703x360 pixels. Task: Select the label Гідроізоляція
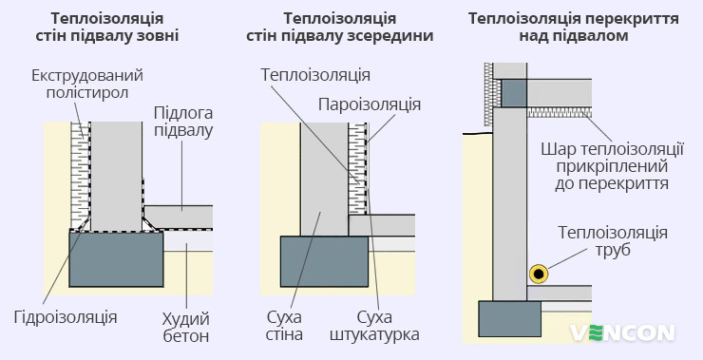(66, 317)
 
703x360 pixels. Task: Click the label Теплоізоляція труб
(612, 241)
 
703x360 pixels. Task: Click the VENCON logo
(622, 332)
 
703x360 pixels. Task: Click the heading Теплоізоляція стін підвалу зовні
(114, 28)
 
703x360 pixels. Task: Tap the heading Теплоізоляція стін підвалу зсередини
(351, 28)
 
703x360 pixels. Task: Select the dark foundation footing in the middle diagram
(323, 261)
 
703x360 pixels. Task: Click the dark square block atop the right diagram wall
(513, 92)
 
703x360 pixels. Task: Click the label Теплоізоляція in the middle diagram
(315, 74)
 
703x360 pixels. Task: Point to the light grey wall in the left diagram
(114, 171)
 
